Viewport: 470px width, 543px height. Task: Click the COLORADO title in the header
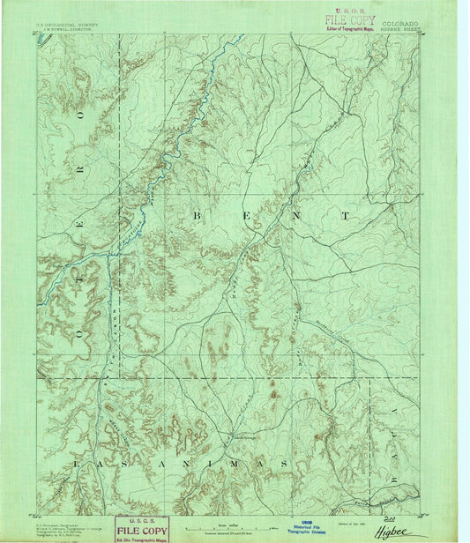[x=400, y=24]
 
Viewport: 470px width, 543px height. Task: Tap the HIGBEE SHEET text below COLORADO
[x=401, y=30]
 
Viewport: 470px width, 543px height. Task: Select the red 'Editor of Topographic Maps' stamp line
[x=350, y=28]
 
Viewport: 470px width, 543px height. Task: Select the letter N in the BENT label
[x=295, y=214]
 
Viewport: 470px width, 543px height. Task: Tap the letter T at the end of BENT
[x=345, y=214]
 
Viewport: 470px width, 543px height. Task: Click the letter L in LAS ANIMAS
[x=81, y=462]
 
